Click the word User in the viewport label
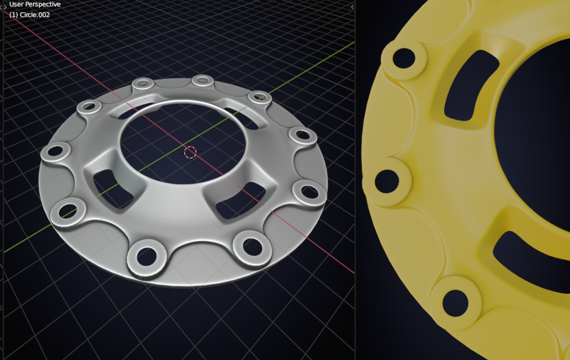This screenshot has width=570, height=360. [x=17, y=4]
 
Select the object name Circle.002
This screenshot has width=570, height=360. [x=36, y=15]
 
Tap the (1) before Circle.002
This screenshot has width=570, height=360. [x=14, y=15]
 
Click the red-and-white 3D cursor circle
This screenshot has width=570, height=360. [x=190, y=153]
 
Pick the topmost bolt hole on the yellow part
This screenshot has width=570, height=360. [x=404, y=58]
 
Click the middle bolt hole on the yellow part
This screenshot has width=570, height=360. [x=387, y=181]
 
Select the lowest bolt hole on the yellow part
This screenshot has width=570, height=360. [x=455, y=302]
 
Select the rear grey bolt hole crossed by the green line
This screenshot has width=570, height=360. [x=260, y=97]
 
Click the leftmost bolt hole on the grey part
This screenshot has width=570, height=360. [x=55, y=152]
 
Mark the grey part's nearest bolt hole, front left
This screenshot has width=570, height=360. [x=145, y=256]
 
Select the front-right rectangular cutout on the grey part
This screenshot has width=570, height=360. [x=239, y=201]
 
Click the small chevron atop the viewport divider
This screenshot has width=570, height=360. [x=352, y=7]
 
